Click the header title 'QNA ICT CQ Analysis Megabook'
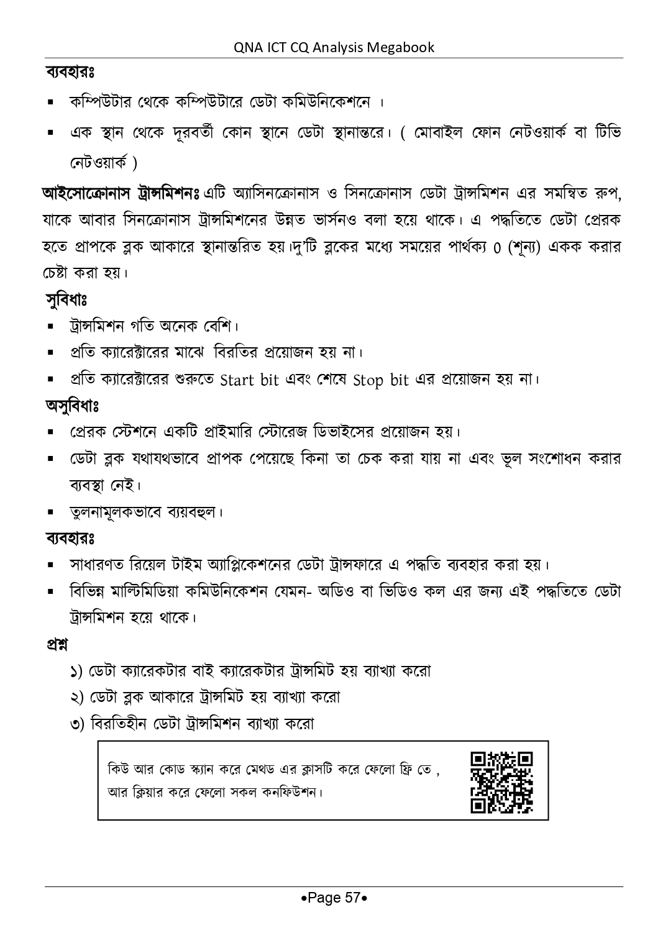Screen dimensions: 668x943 334,47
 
